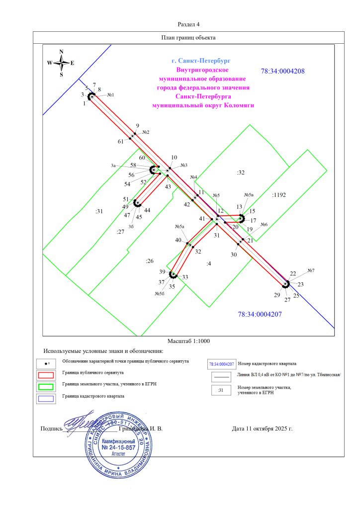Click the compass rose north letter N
(x=61, y=51)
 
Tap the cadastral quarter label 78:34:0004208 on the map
(x=282, y=71)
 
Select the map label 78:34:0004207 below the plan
(x=260, y=314)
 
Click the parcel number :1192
(x=279, y=195)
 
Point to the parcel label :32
(x=241, y=172)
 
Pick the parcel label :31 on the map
(x=98, y=211)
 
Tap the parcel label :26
(x=149, y=260)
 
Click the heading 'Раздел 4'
(x=188, y=24)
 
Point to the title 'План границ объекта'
(x=188, y=37)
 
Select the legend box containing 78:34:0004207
(x=221, y=364)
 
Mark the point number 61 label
(x=120, y=142)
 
